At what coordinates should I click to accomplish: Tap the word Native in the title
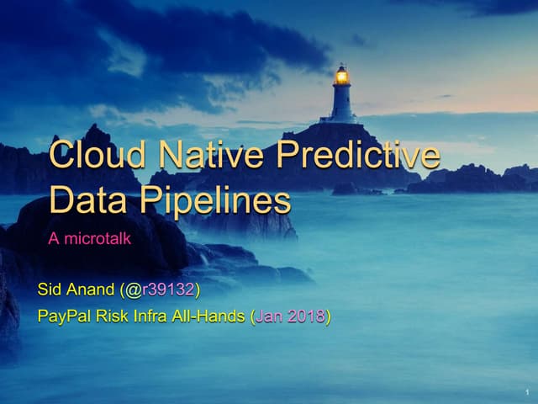(x=198, y=156)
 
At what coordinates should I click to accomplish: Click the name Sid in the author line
(x=50, y=291)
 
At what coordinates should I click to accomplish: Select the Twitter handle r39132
(x=168, y=291)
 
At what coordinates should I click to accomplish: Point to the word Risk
(x=115, y=317)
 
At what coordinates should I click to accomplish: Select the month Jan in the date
(x=269, y=317)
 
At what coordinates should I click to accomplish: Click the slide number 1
(x=524, y=392)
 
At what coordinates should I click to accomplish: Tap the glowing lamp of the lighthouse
(x=341, y=77)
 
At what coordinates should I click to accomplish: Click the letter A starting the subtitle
(x=54, y=239)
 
